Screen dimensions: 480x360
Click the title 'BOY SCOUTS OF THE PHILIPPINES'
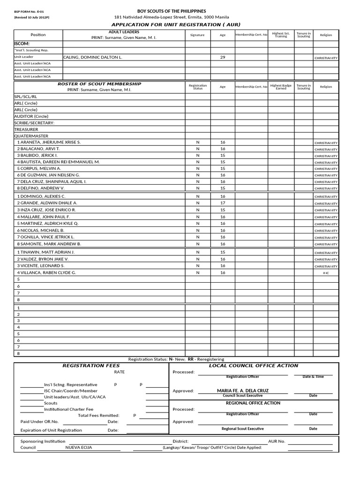[x=171, y=11]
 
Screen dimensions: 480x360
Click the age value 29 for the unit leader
[x=222, y=57]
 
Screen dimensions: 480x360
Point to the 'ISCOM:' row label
[x=22, y=43]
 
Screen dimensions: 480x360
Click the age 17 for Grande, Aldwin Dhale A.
[x=222, y=203]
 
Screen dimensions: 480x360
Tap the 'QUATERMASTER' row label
[x=31, y=135]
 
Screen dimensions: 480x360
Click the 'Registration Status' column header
[x=197, y=87]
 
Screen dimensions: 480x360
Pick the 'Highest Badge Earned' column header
[x=281, y=87]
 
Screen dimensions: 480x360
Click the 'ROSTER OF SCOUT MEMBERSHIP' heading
[x=99, y=84]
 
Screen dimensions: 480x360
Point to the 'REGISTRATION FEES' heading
[x=91, y=366]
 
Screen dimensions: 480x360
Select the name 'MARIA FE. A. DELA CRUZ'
[x=242, y=390]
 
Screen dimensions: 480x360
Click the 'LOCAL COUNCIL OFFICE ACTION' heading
[x=253, y=366]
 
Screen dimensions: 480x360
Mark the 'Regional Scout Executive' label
[x=242, y=428]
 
